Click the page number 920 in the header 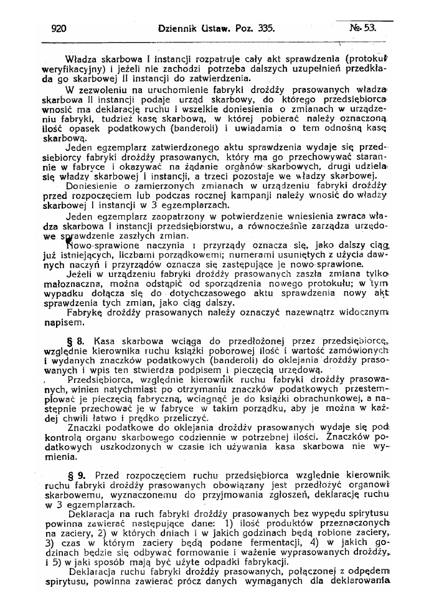tap(59, 28)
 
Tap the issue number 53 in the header tap(369, 28)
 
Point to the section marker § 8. tap(76, 341)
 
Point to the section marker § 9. tap(77, 473)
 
